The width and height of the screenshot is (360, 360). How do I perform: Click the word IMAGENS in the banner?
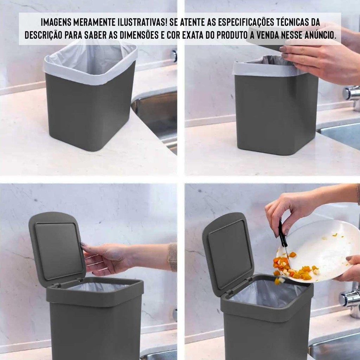coord(56,22)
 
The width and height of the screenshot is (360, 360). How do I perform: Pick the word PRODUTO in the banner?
coord(232,35)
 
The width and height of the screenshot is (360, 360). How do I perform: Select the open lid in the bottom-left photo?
coord(57,250)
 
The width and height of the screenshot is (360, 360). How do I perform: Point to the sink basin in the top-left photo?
coord(156,112)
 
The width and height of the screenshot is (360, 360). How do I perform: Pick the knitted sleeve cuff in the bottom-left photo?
coord(173,257)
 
